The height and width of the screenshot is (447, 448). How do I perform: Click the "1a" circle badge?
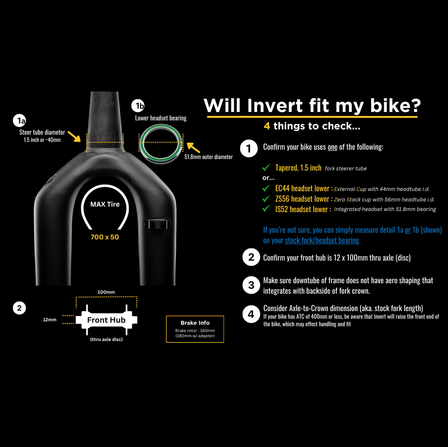(x=20, y=121)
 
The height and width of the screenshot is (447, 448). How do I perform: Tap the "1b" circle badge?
(x=138, y=106)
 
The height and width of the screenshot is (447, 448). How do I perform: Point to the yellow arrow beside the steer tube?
(x=75, y=136)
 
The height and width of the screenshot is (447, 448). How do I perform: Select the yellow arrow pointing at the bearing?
(x=193, y=148)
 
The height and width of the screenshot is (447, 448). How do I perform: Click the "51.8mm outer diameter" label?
(x=208, y=157)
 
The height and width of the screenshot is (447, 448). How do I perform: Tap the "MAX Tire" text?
(x=105, y=204)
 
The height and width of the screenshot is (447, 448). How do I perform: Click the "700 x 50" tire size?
(x=105, y=237)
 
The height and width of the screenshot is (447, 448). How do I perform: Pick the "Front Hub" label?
(x=106, y=320)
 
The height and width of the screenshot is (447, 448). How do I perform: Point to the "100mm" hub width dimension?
(x=106, y=292)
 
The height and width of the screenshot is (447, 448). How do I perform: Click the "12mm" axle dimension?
(x=50, y=320)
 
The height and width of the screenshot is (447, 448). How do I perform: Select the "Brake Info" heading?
(x=195, y=323)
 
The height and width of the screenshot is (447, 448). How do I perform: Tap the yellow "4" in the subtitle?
(x=267, y=126)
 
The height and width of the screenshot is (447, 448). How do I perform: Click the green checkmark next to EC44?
(x=266, y=188)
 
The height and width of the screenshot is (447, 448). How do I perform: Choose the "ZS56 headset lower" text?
(x=302, y=199)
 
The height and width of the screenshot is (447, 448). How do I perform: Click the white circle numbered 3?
(x=251, y=285)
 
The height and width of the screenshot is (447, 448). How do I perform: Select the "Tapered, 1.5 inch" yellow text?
(x=298, y=168)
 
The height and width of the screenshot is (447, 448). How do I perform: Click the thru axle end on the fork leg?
(x=157, y=224)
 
